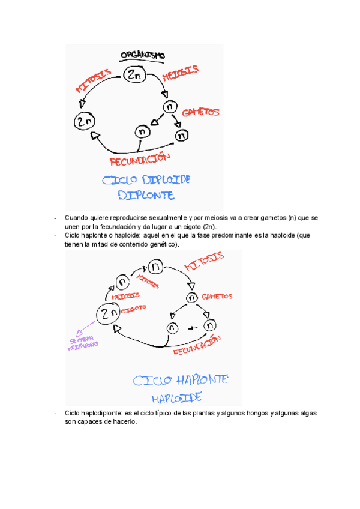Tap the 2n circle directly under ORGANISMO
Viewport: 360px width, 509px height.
[134, 76]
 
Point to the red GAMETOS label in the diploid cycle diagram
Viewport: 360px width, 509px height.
[200, 112]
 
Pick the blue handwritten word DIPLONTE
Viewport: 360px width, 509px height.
[146, 195]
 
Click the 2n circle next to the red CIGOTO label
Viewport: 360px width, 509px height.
[108, 313]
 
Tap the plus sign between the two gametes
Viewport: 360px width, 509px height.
[192, 328]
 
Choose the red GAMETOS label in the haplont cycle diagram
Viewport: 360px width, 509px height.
[217, 296]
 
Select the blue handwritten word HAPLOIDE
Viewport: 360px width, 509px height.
[176, 397]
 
